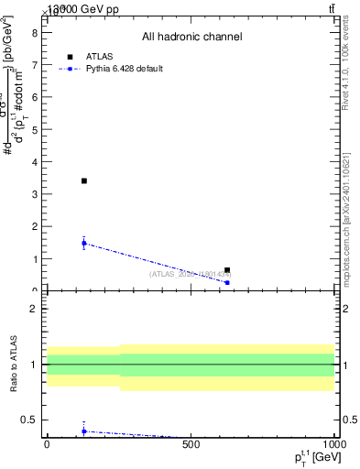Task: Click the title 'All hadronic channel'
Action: point(191,37)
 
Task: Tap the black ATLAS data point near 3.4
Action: point(83,180)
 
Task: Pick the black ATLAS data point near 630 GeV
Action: point(227,270)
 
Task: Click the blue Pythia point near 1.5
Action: point(83,243)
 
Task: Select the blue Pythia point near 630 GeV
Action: point(227,282)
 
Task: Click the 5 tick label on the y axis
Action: point(33,129)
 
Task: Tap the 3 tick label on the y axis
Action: point(33,194)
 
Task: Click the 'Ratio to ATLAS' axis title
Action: point(13,365)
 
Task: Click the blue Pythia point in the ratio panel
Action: point(83,431)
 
